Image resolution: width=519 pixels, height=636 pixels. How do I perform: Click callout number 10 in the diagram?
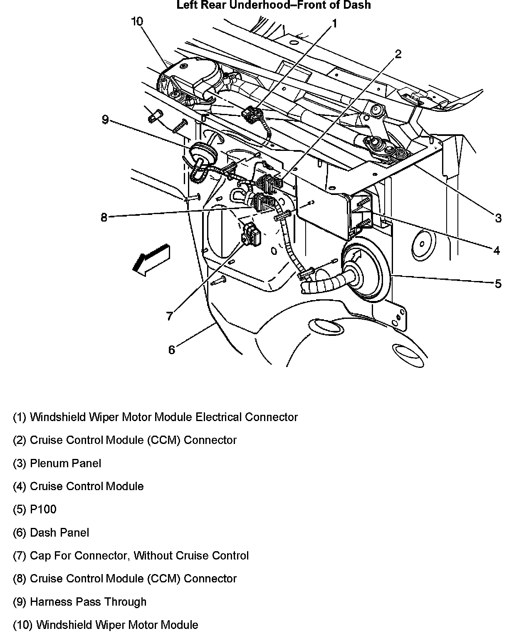137,22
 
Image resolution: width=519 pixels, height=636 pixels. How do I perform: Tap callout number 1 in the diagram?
334,24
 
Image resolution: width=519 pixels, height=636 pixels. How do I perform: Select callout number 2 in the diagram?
398,54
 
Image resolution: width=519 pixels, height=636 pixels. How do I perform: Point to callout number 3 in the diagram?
498,218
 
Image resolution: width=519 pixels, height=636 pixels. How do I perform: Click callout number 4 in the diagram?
496,250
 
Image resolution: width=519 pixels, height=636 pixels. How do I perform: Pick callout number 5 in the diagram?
498,284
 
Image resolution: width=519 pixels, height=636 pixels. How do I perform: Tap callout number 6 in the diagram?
172,350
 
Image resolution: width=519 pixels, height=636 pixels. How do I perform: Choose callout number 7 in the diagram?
169,317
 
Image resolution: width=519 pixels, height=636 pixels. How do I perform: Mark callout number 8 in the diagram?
104,217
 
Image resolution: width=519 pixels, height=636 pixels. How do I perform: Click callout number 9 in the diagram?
105,120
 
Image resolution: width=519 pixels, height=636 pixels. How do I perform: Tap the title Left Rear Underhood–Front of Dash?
273,5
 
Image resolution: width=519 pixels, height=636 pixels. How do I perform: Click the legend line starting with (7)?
131,556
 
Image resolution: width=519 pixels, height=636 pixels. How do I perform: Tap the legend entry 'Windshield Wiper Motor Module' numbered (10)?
106,625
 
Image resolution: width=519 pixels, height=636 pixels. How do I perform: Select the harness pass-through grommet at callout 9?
203,153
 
